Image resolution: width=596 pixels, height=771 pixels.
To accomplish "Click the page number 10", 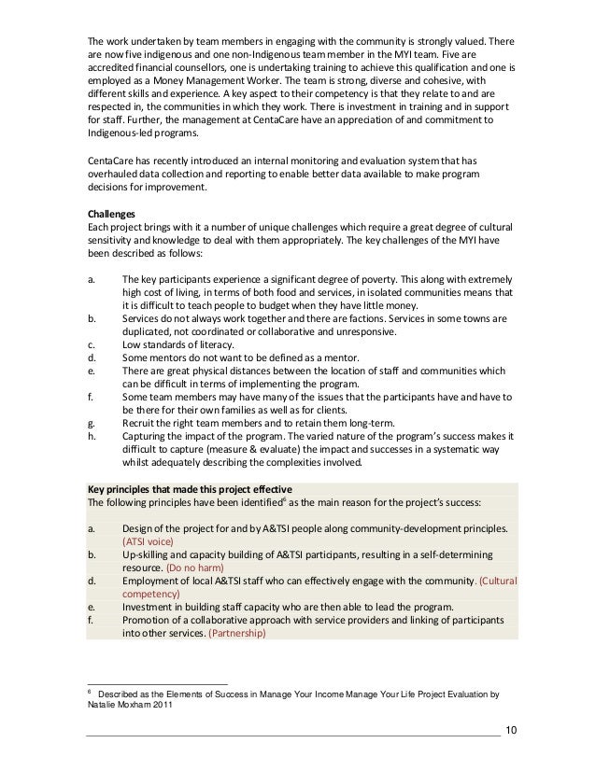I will click(x=508, y=728).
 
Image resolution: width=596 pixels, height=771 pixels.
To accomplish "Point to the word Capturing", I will click(x=146, y=436).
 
